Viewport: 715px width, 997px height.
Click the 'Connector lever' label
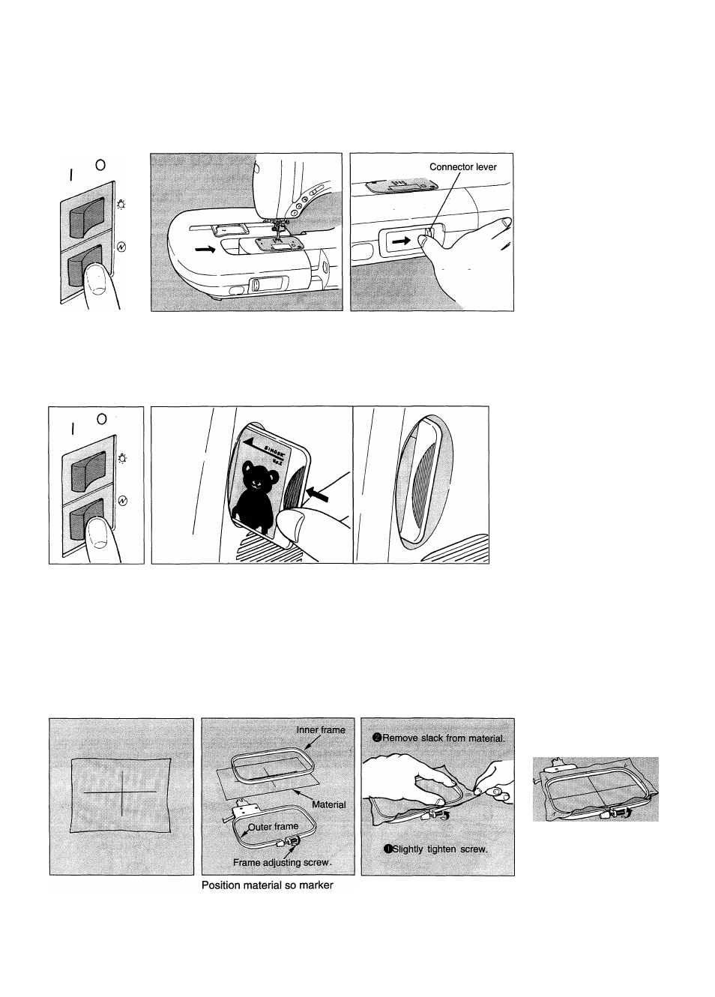coord(462,166)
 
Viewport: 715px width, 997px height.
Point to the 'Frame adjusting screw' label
coord(282,862)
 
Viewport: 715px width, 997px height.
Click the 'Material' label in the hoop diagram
coord(328,804)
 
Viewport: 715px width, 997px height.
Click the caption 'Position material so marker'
coord(267,885)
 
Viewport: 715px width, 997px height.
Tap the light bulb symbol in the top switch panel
coord(121,202)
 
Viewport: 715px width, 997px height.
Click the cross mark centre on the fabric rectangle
coord(120,792)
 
